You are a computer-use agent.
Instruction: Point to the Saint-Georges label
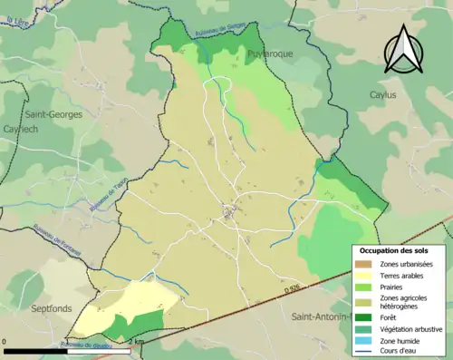53,115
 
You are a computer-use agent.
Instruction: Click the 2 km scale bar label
134,341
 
